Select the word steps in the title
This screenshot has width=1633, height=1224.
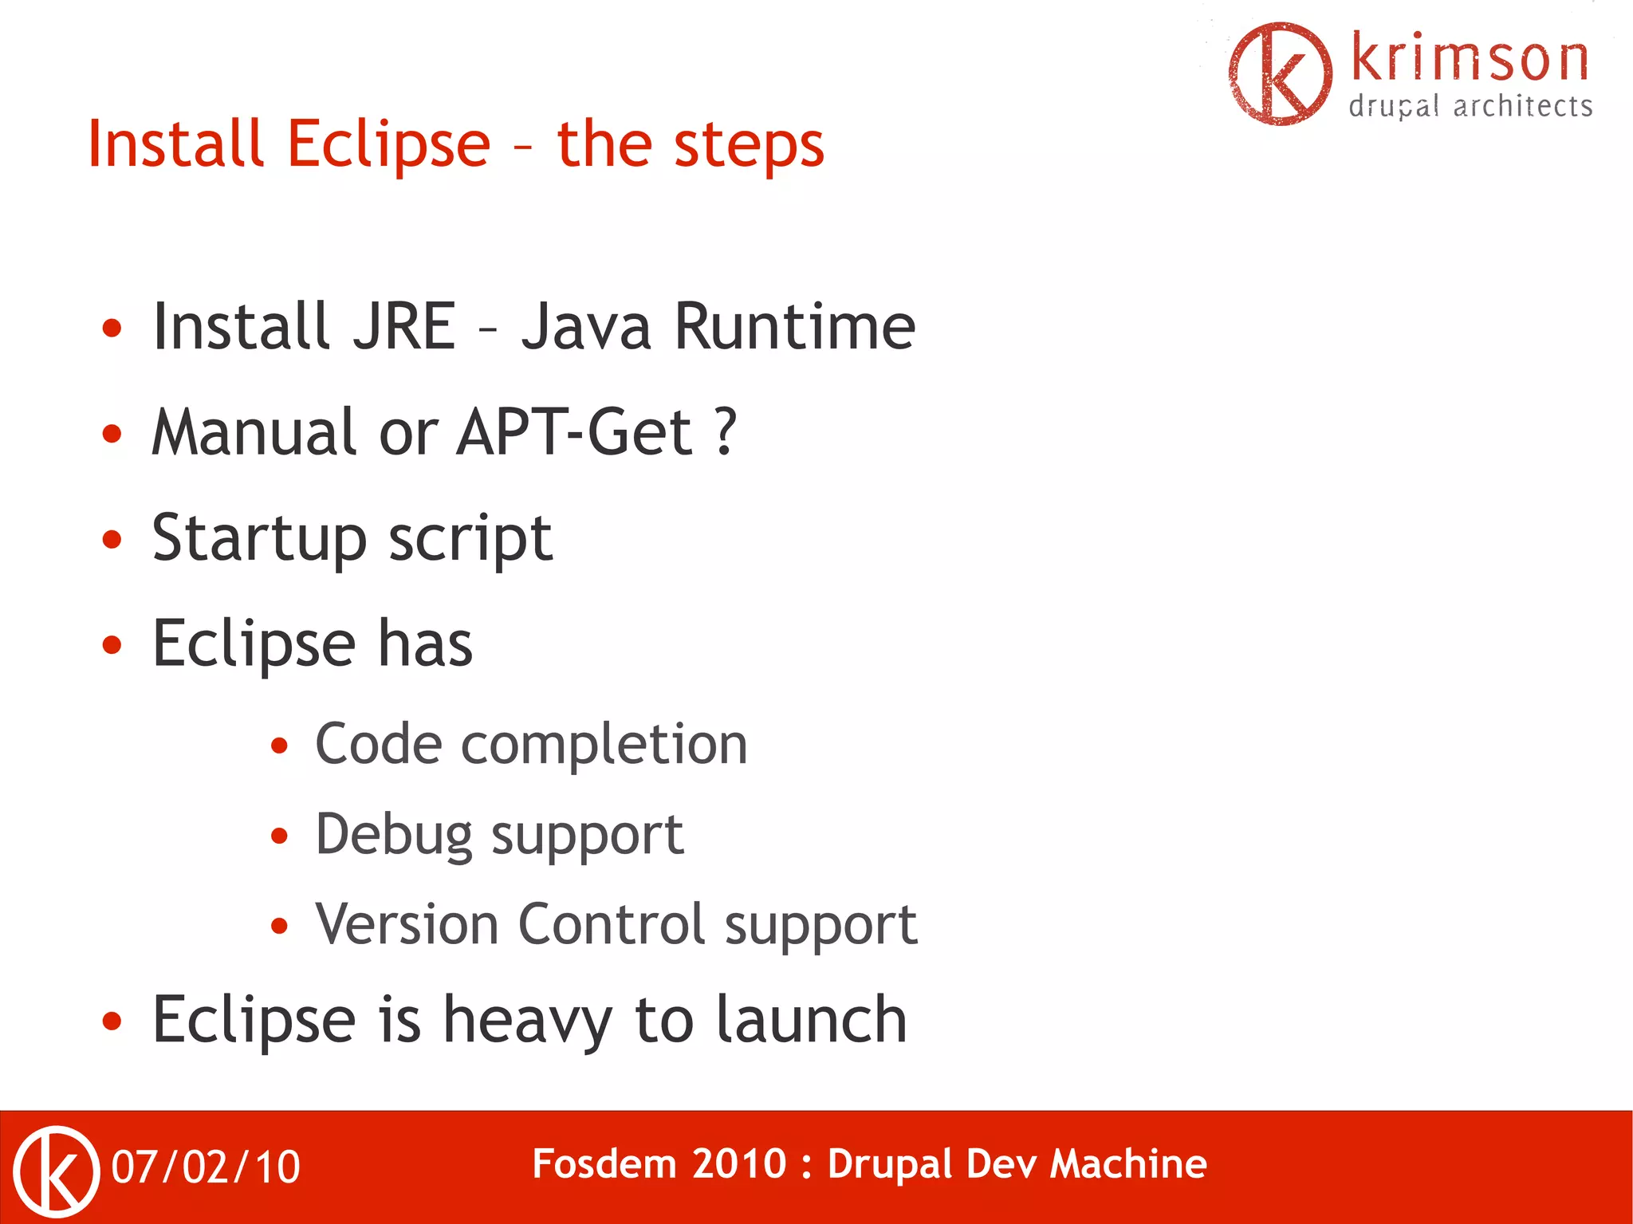(749, 147)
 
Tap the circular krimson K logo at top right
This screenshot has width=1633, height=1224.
(1280, 73)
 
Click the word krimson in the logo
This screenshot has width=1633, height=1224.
(1470, 59)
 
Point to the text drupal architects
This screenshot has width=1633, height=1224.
(1470, 106)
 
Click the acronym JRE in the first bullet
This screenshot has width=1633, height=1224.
(404, 327)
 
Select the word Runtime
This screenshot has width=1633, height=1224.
(794, 327)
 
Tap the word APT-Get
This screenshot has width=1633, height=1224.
(574, 432)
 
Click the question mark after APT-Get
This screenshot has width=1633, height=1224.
(725, 432)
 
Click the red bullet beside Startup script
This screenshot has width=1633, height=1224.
(112, 539)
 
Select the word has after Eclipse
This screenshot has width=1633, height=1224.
(425, 644)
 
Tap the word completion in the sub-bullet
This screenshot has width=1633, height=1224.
(604, 746)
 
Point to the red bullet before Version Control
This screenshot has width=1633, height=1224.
(278, 926)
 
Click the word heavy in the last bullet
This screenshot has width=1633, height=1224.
(527, 1021)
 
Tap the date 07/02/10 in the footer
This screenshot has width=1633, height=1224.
(206, 1167)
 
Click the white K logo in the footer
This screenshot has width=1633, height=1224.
(57, 1171)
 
